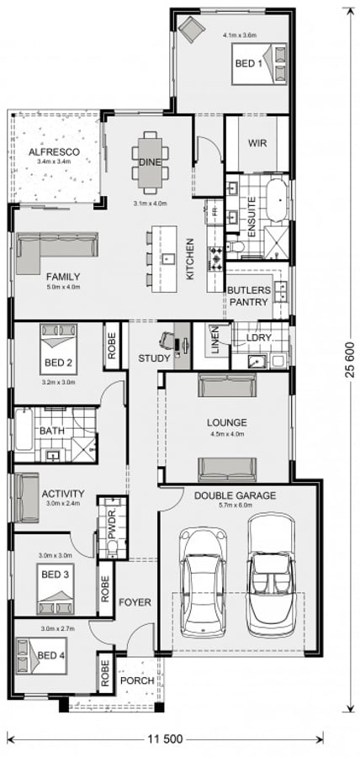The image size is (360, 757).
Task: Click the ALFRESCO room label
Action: coord(55,152)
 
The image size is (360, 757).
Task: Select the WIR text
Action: coord(257,143)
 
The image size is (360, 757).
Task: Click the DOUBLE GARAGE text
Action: coord(235,496)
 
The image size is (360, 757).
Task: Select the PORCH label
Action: coord(135,680)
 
